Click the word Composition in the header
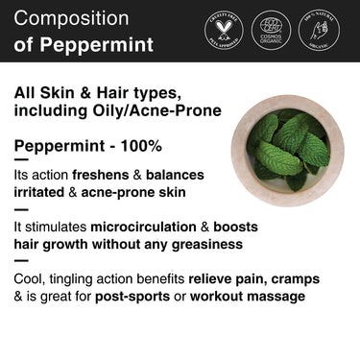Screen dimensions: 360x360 [x=71, y=18]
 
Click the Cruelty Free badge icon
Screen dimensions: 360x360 [x=224, y=31]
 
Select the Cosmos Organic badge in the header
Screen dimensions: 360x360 [x=271, y=31]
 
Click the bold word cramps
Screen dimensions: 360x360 [x=294, y=279]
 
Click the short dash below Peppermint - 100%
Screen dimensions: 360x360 [x=21, y=161]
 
